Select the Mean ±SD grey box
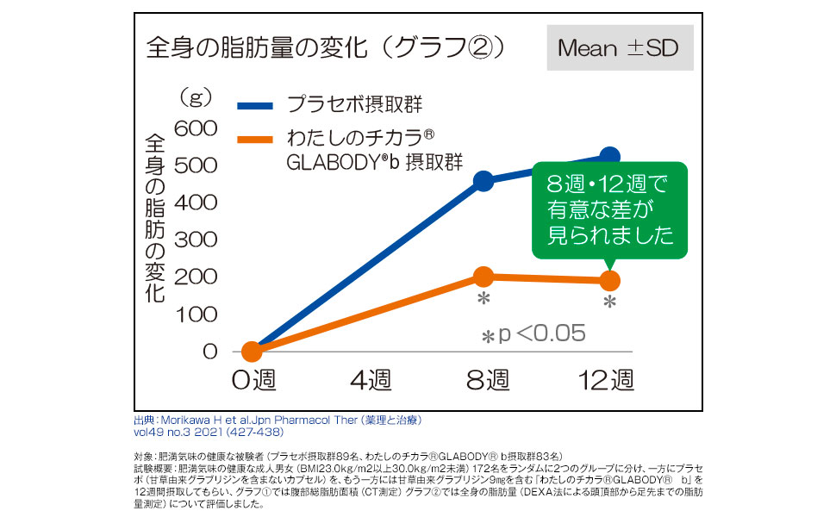pyautogui.click(x=617, y=47)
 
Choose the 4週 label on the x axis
pyautogui.click(x=370, y=379)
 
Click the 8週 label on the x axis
pyautogui.click(x=487, y=379)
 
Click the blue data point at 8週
pyautogui.click(x=484, y=181)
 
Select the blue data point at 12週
pyautogui.click(x=609, y=157)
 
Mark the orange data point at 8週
pyautogui.click(x=484, y=277)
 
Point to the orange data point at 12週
pyautogui.click(x=609, y=281)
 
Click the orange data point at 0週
pyautogui.click(x=251, y=352)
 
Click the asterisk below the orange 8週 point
pyautogui.click(x=484, y=299)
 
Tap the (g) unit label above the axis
pyautogui.click(x=196, y=97)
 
